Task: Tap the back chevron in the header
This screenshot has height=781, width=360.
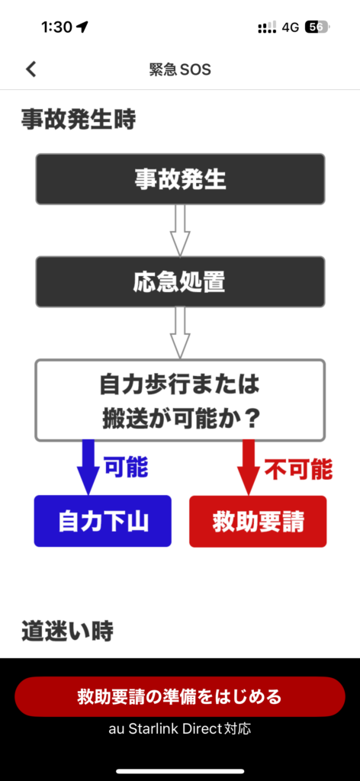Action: [31, 69]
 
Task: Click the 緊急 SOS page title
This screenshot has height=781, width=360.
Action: [180, 69]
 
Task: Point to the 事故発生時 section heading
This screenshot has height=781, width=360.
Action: [78, 120]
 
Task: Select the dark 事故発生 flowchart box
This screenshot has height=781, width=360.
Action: [180, 178]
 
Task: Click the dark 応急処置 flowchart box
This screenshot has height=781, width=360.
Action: [180, 281]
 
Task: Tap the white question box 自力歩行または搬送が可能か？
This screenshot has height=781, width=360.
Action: [180, 400]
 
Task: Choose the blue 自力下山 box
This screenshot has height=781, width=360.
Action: [102, 521]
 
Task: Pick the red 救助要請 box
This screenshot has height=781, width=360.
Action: [258, 521]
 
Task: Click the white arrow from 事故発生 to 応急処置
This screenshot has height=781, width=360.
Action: [180, 230]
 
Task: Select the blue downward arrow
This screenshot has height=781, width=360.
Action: [88, 468]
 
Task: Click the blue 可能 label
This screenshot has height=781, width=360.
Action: [126, 467]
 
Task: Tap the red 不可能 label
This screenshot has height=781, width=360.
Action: [298, 469]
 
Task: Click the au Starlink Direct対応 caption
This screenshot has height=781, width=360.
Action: [180, 729]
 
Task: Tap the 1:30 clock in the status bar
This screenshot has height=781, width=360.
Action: [57, 27]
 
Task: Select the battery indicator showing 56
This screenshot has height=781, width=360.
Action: [317, 27]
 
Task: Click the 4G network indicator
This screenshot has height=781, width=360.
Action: [291, 27]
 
